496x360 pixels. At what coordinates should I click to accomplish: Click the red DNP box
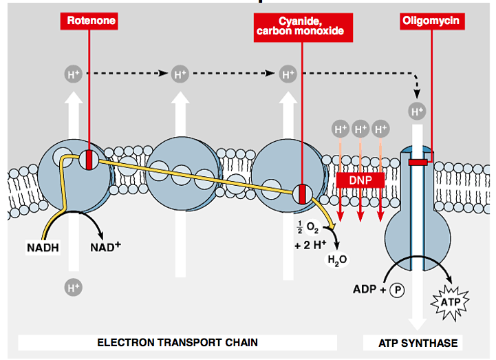click(360, 179)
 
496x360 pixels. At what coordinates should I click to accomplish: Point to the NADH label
click(43, 245)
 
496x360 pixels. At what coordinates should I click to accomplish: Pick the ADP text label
click(365, 290)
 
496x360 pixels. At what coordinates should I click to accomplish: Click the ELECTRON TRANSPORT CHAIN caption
click(177, 342)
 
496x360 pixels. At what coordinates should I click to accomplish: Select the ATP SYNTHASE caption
click(418, 342)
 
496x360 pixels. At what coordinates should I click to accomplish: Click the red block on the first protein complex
click(89, 160)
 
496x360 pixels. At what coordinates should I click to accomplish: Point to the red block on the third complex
click(301, 193)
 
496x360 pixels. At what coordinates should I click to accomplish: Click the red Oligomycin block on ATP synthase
click(418, 162)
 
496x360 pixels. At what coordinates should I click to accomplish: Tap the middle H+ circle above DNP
click(360, 129)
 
